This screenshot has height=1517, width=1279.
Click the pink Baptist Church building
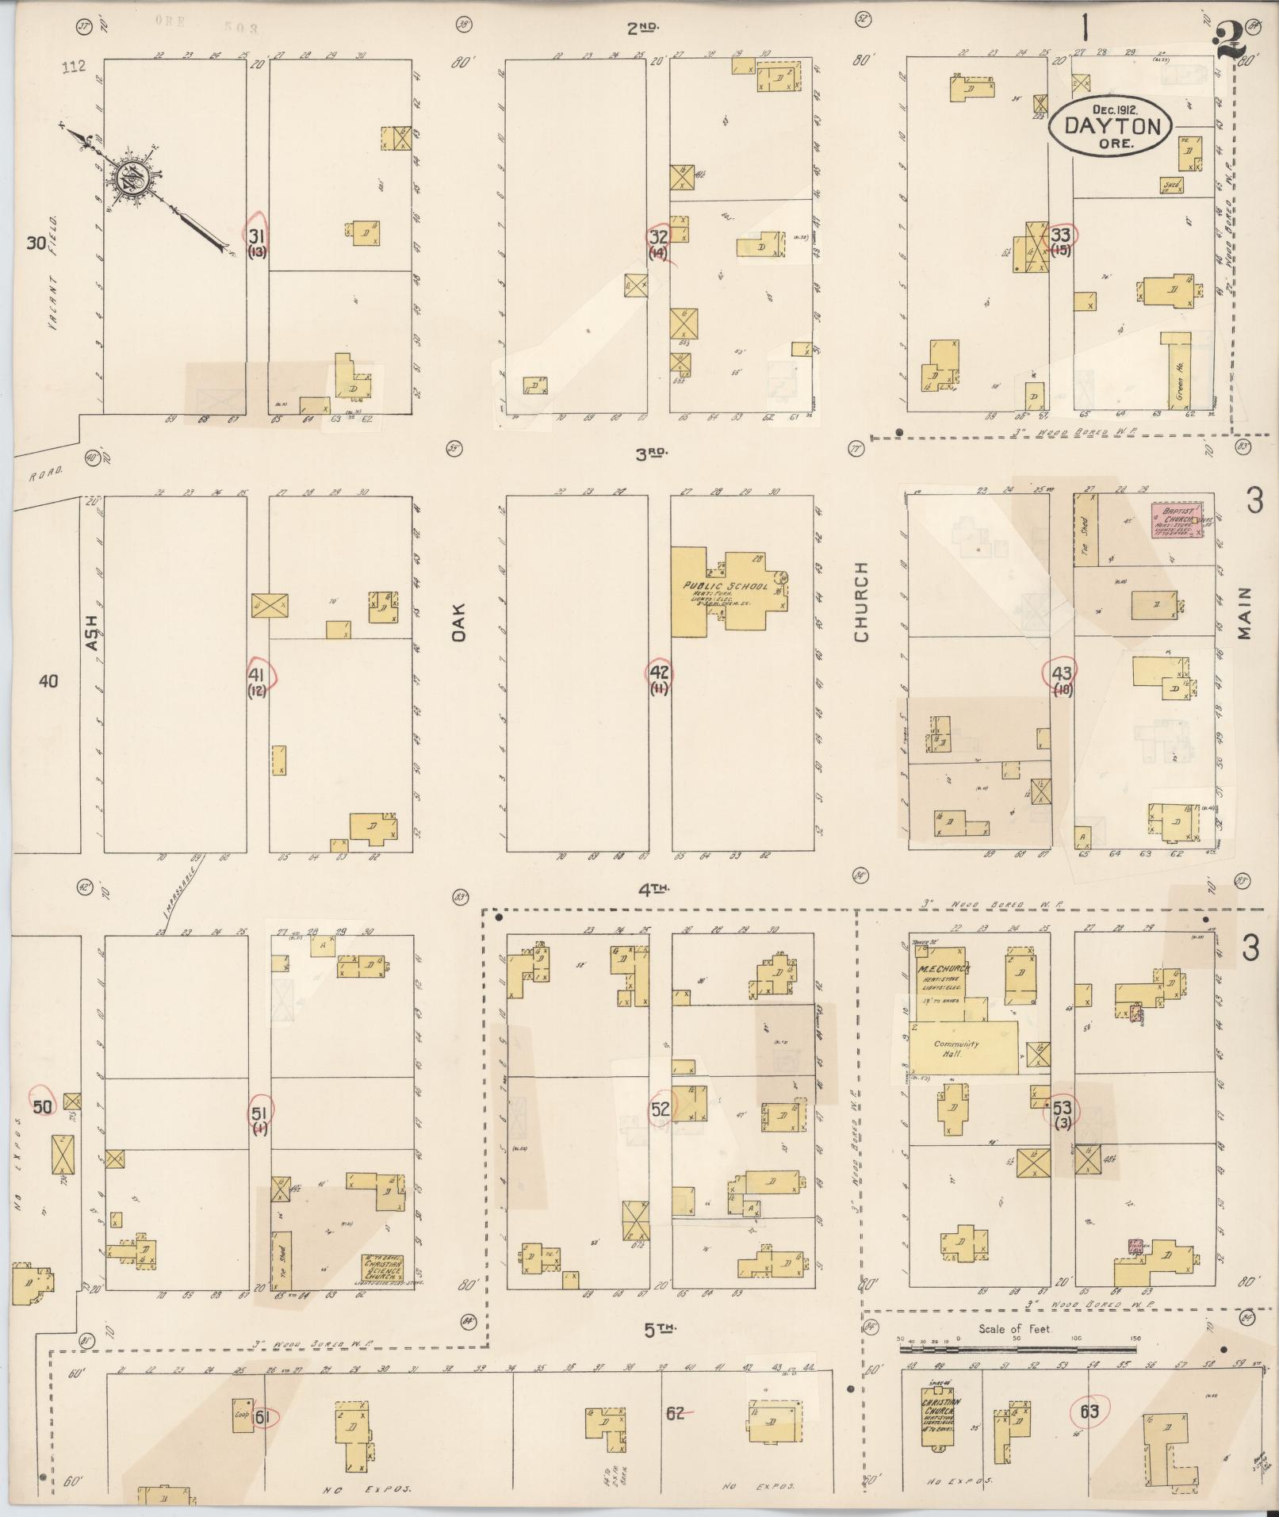(x=1178, y=520)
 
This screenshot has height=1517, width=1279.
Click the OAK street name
(x=460, y=622)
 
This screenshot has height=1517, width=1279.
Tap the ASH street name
(x=93, y=634)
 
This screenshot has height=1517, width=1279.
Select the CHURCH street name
(x=862, y=603)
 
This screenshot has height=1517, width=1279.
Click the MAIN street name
(x=1243, y=613)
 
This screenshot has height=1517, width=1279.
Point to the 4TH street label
(x=653, y=891)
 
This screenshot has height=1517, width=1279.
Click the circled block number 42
(x=660, y=672)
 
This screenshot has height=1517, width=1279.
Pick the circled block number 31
(x=256, y=236)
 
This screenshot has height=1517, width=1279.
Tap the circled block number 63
(x=1089, y=1412)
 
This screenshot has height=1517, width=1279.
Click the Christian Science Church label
(x=383, y=1263)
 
